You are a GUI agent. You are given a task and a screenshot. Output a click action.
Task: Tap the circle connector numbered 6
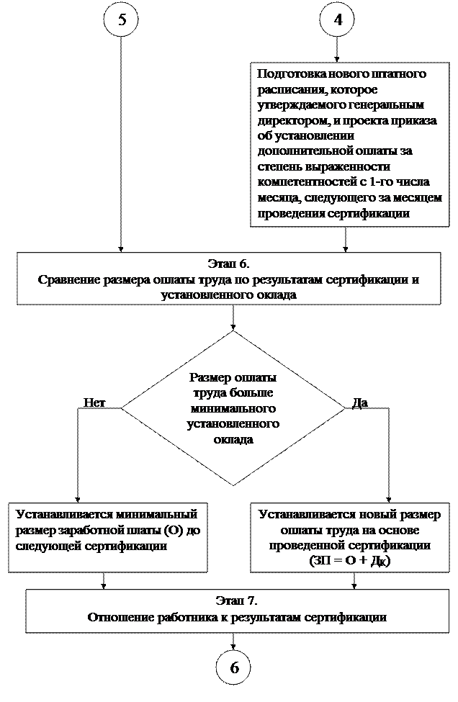coord(234,667)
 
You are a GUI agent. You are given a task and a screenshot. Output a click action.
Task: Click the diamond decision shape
coord(233,408)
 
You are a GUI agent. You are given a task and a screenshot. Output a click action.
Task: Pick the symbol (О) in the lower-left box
coord(174,531)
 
